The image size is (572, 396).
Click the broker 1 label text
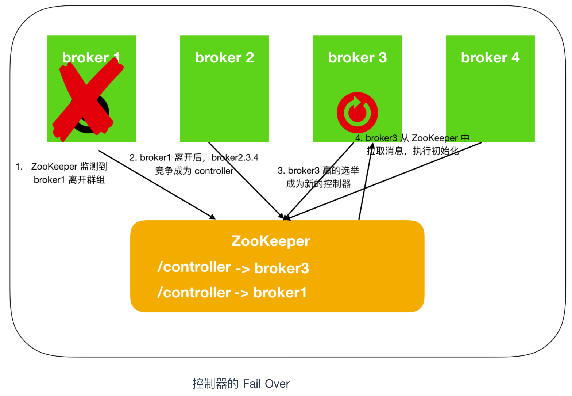tap(91, 57)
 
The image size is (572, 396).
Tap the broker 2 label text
tap(224, 57)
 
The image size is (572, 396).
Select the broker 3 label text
tap(357, 57)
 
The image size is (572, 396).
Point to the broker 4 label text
tap(490, 57)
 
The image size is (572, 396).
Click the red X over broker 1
tap(88, 100)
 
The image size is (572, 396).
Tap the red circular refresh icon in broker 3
tap(357, 113)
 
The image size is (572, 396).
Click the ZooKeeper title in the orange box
tap(271, 241)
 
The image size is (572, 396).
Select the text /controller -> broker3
tap(233, 267)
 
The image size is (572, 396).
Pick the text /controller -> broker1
tap(232, 292)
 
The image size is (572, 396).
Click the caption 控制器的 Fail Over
tap(241, 384)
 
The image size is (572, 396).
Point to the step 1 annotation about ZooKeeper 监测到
tap(61, 173)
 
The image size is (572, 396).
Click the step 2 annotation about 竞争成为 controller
tap(194, 164)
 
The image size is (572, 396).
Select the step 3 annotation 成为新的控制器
tap(318, 177)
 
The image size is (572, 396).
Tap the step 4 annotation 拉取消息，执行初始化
tap(412, 144)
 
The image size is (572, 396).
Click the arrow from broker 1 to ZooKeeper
tap(157, 185)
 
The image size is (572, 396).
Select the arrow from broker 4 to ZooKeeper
tap(384, 181)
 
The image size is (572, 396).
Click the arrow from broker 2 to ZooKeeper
tap(247, 181)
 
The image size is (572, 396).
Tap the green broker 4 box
tap(490, 89)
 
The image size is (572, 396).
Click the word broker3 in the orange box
tap(282, 268)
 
